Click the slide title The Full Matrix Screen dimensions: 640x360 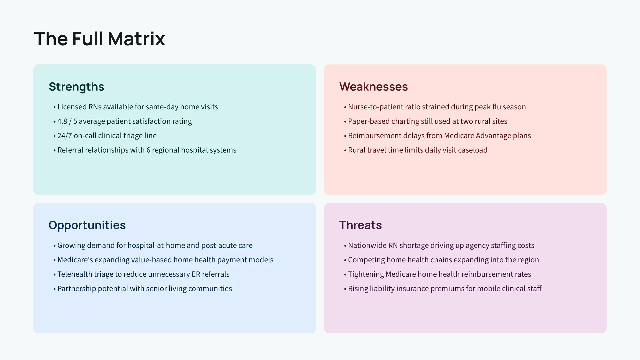(x=100, y=39)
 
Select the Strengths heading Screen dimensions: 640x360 (x=76, y=87)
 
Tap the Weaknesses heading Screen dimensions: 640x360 (x=373, y=87)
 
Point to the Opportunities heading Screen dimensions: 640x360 (x=87, y=225)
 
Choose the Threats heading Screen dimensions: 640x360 (x=360, y=225)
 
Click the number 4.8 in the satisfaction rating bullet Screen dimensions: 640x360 (x=62, y=121)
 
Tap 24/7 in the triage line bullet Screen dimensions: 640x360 (x=64, y=136)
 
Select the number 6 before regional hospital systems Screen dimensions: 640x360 (x=148, y=150)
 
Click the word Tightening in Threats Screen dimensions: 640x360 (x=366, y=274)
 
